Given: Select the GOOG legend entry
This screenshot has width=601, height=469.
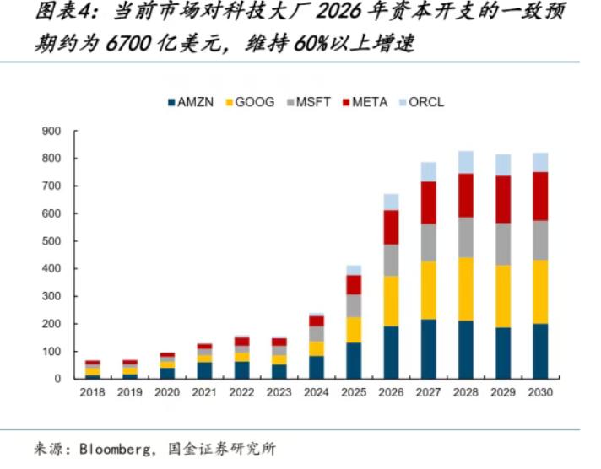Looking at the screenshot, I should [x=248, y=103].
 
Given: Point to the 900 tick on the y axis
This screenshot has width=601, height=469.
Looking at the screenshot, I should [x=51, y=132].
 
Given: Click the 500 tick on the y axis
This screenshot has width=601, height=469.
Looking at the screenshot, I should [x=51, y=241].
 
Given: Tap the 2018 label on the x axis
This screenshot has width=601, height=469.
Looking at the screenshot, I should [x=92, y=393].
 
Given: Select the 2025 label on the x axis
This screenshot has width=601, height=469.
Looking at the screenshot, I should [x=354, y=393].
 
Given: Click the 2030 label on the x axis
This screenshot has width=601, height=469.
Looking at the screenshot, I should [x=540, y=393].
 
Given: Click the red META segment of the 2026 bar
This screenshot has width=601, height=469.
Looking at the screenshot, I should [x=391, y=227].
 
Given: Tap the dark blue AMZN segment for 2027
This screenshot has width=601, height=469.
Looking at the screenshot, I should [x=428, y=348].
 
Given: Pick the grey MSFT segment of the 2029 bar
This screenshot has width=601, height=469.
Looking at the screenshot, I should [x=503, y=244].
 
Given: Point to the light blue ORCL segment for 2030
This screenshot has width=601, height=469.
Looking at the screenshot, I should [x=540, y=162].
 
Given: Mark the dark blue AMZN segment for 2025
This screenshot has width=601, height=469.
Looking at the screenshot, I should [x=354, y=360].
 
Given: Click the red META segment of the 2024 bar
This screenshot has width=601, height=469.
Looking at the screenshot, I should [x=317, y=321].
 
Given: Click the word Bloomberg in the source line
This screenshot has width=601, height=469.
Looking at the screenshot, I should [x=115, y=449].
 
